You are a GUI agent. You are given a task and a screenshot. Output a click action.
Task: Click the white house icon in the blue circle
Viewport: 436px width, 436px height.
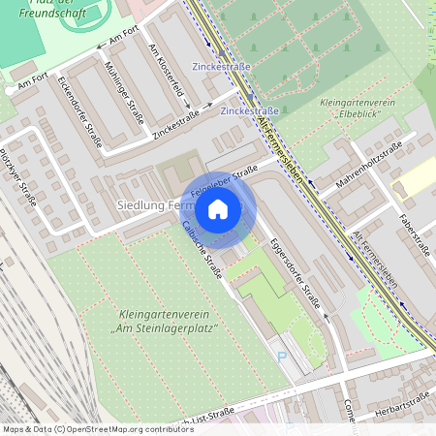click(218, 208)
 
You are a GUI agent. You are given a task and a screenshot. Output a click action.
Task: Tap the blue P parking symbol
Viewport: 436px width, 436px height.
click(283, 358)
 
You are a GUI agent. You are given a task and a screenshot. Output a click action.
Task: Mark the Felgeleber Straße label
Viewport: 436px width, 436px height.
click(224, 181)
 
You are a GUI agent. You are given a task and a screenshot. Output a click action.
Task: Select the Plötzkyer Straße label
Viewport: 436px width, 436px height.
click(19, 178)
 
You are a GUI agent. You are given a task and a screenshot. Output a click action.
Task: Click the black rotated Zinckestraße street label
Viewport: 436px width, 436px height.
click(176, 126)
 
